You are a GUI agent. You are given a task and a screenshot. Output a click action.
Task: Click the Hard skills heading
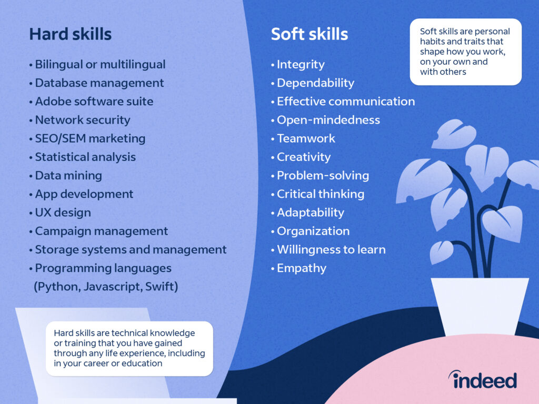[x=70, y=34]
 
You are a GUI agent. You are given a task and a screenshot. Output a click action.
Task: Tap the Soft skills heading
[x=309, y=34]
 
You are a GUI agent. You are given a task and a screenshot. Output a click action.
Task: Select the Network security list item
[x=82, y=120]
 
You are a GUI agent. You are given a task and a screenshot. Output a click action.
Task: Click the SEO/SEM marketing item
[x=90, y=138]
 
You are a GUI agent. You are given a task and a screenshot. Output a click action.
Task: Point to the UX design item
[x=63, y=213]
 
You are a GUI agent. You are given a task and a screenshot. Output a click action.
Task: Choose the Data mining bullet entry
[x=68, y=176]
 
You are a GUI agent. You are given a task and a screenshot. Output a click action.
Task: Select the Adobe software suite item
[x=94, y=102]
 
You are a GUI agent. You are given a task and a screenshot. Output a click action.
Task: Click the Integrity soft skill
[x=301, y=65]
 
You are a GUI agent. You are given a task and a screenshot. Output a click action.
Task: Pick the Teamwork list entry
[x=306, y=138]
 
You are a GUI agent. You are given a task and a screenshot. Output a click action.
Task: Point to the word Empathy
[x=302, y=268]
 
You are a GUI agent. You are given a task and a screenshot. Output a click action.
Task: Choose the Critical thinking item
[x=321, y=194]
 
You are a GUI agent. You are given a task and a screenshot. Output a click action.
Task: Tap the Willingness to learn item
[x=331, y=249]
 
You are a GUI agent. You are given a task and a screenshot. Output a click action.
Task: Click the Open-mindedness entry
[x=328, y=120]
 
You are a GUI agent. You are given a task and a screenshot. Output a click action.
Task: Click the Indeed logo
[x=482, y=379]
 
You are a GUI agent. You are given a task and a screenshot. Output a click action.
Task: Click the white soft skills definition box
[x=465, y=52]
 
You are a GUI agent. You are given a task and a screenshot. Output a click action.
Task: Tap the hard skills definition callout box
[x=129, y=348]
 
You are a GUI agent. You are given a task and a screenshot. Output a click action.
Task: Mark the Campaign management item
[x=102, y=231]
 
